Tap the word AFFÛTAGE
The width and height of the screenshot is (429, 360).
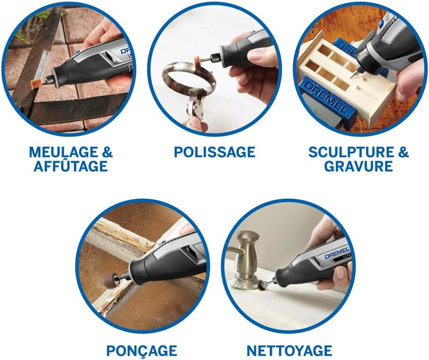71,166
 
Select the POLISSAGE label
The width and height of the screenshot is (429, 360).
214,152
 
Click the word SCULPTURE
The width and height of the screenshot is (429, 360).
346,152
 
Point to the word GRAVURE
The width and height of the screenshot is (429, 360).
358,166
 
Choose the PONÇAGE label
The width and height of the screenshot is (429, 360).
142,350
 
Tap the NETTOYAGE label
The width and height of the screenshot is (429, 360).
289,350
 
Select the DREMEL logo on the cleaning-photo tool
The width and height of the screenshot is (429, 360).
336,252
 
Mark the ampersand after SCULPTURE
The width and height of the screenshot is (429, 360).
402,152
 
